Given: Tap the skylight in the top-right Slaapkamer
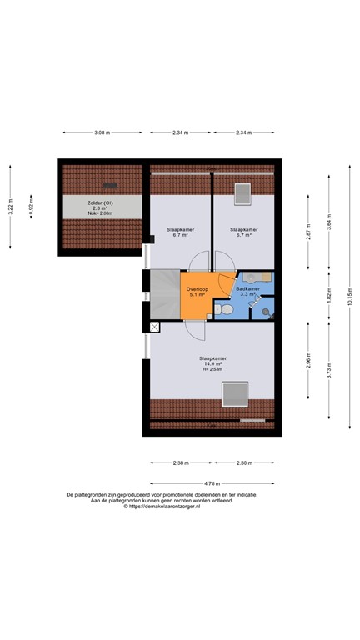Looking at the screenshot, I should pyautogui.click(x=244, y=193).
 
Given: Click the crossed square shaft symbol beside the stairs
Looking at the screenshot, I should pyautogui.click(x=154, y=327).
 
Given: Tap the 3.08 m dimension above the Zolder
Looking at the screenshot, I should pyautogui.click(x=102, y=132).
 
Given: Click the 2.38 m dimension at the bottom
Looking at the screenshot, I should pyautogui.click(x=180, y=462).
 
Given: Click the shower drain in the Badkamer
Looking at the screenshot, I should pyautogui.click(x=266, y=312).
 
